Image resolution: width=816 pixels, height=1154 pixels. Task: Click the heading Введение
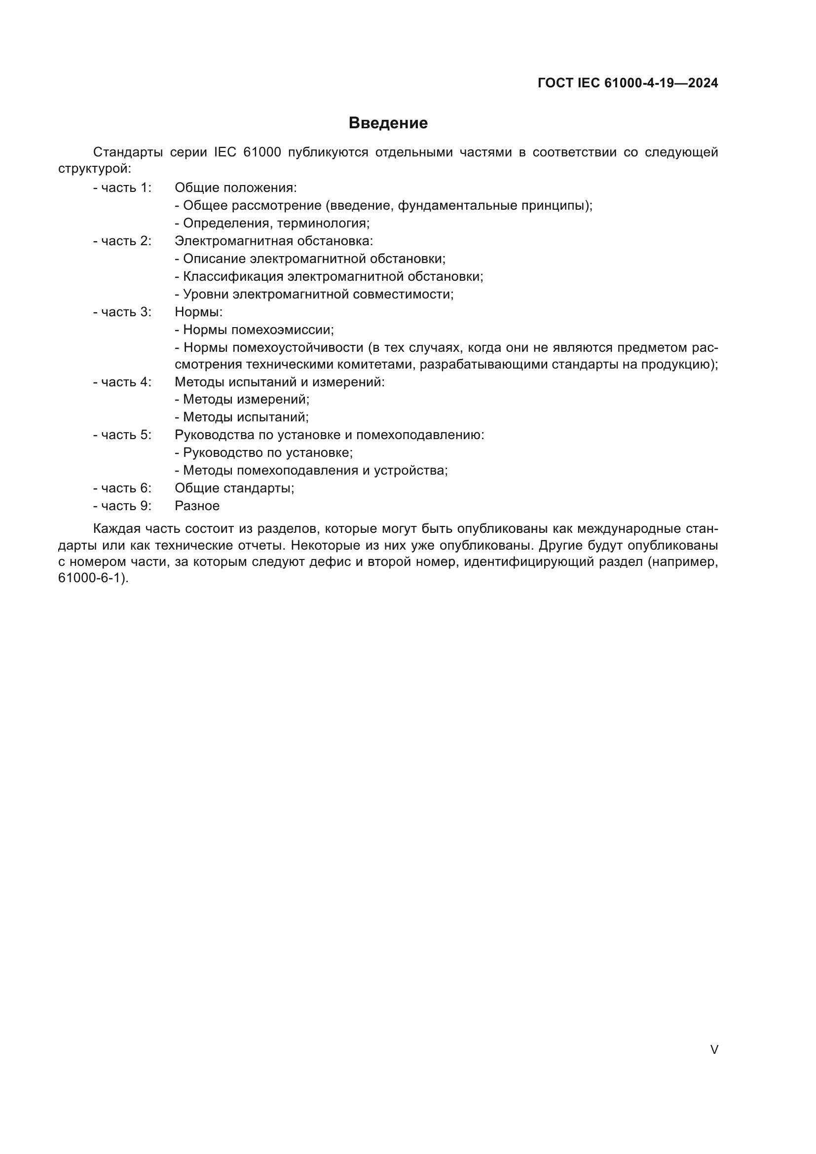point(388,123)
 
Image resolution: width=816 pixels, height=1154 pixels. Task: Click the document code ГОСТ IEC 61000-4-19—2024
point(628,83)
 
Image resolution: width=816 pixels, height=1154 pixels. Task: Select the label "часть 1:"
point(126,188)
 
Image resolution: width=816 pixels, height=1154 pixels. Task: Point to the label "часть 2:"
point(126,241)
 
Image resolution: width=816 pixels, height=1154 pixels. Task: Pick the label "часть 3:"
point(126,312)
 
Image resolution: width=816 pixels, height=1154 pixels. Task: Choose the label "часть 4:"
point(126,382)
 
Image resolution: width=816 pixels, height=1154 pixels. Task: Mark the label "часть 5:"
point(126,435)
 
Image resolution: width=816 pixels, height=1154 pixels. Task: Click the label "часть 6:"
point(126,488)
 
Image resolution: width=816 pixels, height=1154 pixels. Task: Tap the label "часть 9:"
point(126,506)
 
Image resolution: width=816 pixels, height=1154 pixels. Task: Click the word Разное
point(197,506)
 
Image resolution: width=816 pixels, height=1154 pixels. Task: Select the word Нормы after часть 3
point(197,312)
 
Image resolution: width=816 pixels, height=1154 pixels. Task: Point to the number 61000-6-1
point(91,578)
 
